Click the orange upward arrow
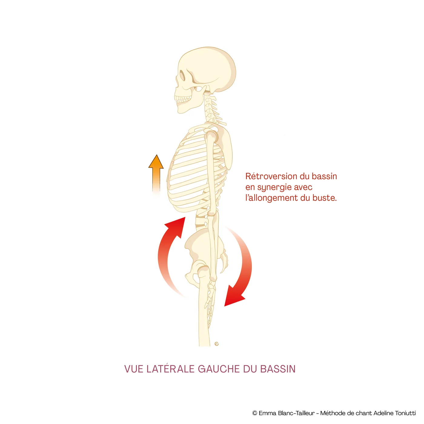tap(156, 174)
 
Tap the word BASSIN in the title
tap(278, 369)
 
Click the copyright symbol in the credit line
tap(255, 413)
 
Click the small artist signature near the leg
tap(217, 344)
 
